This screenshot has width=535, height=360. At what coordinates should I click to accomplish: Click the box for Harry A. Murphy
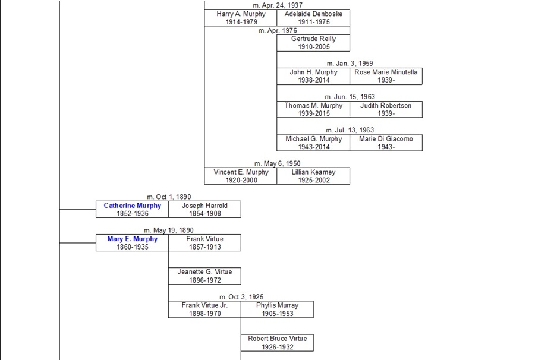coord(241,18)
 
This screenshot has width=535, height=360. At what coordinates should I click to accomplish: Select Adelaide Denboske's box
coord(313,18)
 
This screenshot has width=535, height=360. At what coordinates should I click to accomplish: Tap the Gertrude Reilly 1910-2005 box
coord(313,43)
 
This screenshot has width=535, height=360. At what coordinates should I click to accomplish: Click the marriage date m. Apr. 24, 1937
coord(278,5)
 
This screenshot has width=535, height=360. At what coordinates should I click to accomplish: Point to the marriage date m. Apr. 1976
coord(278,30)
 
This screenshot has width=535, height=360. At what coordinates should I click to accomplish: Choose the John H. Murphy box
coord(313,76)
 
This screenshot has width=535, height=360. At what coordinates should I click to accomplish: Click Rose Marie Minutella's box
coord(386,76)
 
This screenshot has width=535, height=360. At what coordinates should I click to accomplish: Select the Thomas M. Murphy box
coord(313,109)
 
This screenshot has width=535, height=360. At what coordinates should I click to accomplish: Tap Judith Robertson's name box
coord(386,109)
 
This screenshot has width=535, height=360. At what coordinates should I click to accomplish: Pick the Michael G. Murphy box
coord(313,143)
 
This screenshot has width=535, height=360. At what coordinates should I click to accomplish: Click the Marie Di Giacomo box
coord(386,143)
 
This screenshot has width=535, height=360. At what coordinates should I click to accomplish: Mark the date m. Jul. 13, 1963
coord(350,130)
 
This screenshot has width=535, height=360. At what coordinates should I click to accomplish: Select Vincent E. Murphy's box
coord(241,176)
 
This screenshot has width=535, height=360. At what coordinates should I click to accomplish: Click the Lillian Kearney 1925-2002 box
coord(313,176)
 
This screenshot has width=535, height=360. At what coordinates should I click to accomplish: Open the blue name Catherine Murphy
coord(132,206)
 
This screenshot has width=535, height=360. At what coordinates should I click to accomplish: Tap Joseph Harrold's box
coord(204,209)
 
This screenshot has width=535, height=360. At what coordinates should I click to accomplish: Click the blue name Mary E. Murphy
coord(132,239)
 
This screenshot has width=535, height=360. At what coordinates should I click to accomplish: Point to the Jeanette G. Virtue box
coord(204,276)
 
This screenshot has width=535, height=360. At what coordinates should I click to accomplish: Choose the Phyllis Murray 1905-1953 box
coord(277,309)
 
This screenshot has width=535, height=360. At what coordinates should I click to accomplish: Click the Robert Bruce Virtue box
coord(277,342)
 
